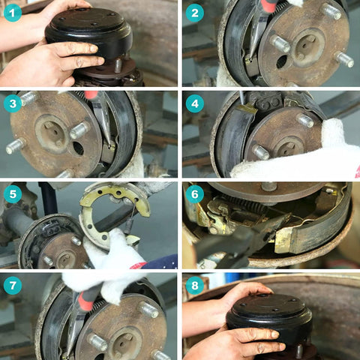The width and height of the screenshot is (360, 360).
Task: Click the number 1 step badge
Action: (13, 13)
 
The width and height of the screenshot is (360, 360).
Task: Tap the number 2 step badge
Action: (194, 13)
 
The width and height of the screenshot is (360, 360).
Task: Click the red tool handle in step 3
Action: (91, 95)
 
